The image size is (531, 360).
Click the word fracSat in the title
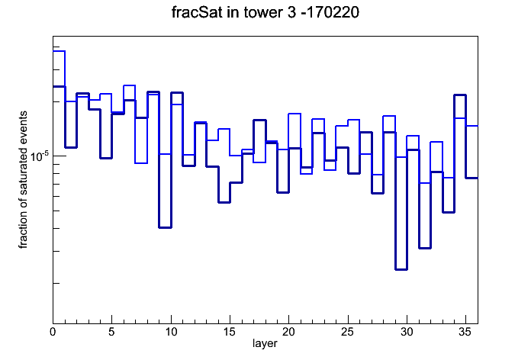197,12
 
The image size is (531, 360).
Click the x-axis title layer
265,344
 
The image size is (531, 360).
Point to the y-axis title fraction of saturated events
23,180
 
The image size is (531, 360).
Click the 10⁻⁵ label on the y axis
40,156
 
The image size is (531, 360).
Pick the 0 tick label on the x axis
53,332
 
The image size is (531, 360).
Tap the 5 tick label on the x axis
111,332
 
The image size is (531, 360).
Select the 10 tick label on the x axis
171,332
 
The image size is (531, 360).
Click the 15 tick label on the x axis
230,332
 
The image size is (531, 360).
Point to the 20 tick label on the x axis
288,332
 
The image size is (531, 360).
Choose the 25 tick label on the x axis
348,332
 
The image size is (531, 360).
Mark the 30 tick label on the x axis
407,332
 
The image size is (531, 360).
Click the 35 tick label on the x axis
465,332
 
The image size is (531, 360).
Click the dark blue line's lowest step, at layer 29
401,269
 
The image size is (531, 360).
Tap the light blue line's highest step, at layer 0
59,51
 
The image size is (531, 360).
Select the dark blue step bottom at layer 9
166,227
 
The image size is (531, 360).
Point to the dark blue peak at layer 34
460,95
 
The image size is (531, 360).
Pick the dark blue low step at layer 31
425,248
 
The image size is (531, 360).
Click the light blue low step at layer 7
141,163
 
